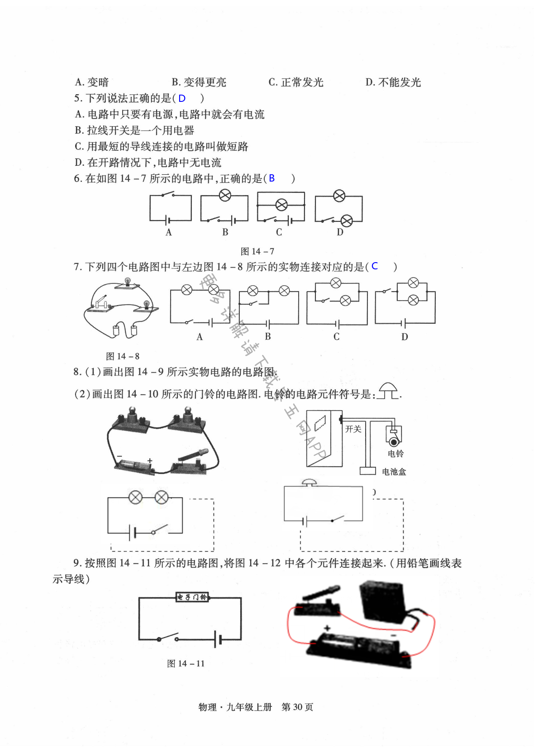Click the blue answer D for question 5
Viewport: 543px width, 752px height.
[x=182, y=98]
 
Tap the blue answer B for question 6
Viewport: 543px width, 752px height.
[x=271, y=178]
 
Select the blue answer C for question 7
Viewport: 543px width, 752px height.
[x=375, y=266]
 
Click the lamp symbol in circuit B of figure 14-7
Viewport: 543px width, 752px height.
[x=225, y=195]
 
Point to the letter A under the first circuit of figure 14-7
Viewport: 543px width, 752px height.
[x=169, y=232]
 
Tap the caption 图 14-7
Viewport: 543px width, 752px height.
[x=257, y=251]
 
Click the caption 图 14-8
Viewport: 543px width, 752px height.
[x=123, y=356]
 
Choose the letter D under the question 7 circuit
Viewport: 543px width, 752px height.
[x=405, y=337]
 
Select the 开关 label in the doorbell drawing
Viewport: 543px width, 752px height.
[x=353, y=429]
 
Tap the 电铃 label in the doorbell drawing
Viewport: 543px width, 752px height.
[x=395, y=454]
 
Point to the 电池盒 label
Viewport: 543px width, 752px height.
[x=394, y=472]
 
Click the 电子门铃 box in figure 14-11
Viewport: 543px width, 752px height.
[x=192, y=597]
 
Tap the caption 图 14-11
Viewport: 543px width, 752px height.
[x=186, y=663]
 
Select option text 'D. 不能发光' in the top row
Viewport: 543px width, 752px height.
[x=393, y=82]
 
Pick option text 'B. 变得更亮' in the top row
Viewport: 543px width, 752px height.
[x=199, y=82]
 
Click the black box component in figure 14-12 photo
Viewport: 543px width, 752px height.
[x=382, y=601]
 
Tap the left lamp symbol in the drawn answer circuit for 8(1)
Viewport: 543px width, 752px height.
[x=135, y=498]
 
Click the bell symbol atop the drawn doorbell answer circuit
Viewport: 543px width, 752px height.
[x=310, y=483]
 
